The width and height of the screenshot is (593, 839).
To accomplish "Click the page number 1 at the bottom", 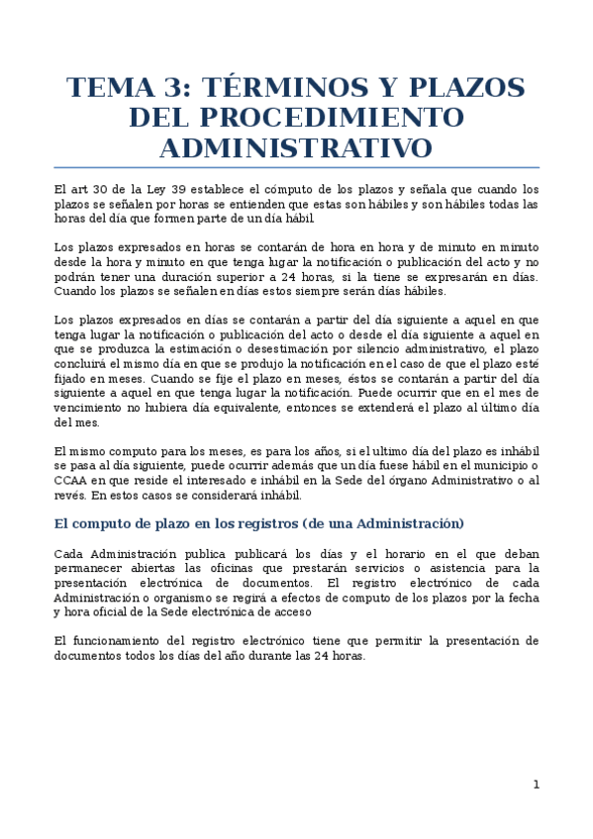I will [536, 785].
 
